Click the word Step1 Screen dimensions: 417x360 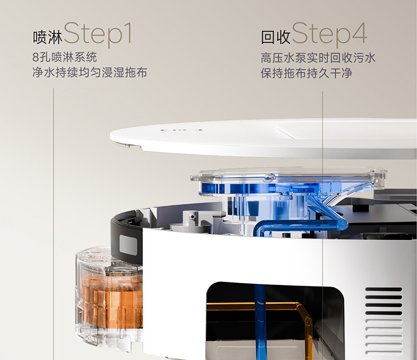coord(98,34)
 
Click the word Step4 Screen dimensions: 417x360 coord(329,34)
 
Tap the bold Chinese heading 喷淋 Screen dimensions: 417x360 coord(48,37)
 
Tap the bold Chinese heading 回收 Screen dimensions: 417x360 coord(276,37)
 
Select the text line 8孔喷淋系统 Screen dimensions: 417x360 coord(64,57)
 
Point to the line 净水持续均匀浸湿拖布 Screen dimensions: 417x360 coord(90,72)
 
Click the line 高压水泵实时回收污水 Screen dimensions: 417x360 coord(318,58)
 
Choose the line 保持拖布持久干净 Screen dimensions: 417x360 coord(306,73)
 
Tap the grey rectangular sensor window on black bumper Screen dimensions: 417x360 coord(128,245)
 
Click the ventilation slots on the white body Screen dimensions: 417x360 coord(384,321)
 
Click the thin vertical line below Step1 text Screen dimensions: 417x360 coord(53,224)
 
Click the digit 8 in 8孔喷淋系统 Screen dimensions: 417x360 coord(36,57)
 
